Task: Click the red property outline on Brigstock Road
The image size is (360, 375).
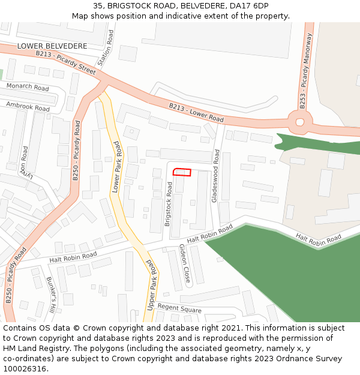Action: tap(182, 173)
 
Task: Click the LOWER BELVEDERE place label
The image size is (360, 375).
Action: tap(52, 46)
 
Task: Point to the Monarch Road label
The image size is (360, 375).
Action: tap(28, 88)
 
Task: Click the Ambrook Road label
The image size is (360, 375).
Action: tap(28, 106)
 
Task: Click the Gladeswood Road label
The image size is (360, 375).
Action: tap(215, 177)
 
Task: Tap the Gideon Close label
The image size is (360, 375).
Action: tap(185, 263)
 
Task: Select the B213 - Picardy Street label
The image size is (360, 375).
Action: tap(65, 62)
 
